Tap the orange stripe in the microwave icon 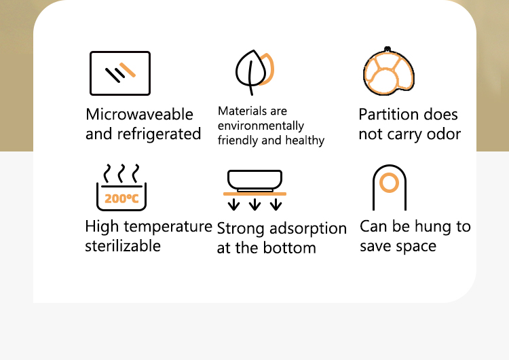[128, 70]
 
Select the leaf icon [254, 72]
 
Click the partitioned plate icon [389, 71]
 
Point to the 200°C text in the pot [121, 198]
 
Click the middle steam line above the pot [121, 173]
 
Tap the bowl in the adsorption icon [254, 181]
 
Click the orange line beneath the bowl [254, 194]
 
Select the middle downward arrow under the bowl [254, 204]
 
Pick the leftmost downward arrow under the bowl [233, 204]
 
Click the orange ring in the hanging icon [390, 183]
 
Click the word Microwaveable [140, 114]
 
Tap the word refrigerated [159, 134]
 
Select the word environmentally [261, 126]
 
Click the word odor [444, 134]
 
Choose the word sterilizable [123, 246]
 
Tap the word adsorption [308, 229]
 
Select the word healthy [305, 141]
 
